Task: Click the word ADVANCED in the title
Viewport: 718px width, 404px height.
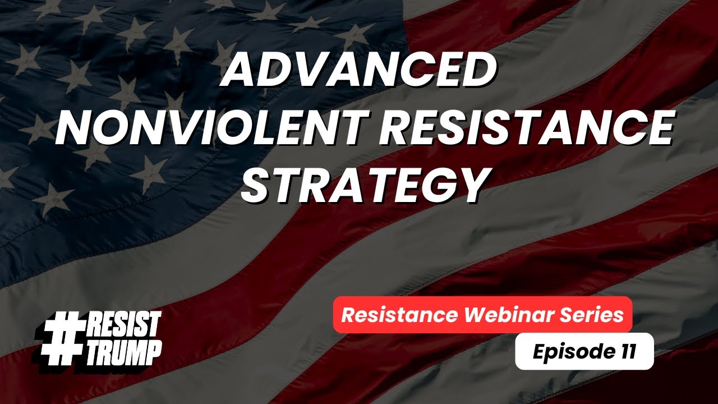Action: click(x=359, y=72)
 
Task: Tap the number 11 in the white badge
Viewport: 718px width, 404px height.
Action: click(x=627, y=352)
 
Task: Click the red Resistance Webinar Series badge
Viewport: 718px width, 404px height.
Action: click(x=482, y=315)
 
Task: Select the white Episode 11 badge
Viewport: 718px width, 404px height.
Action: click(x=584, y=352)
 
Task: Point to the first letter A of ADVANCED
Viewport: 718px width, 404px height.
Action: click(x=238, y=72)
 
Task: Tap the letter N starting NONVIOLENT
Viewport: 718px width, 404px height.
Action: click(x=72, y=128)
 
